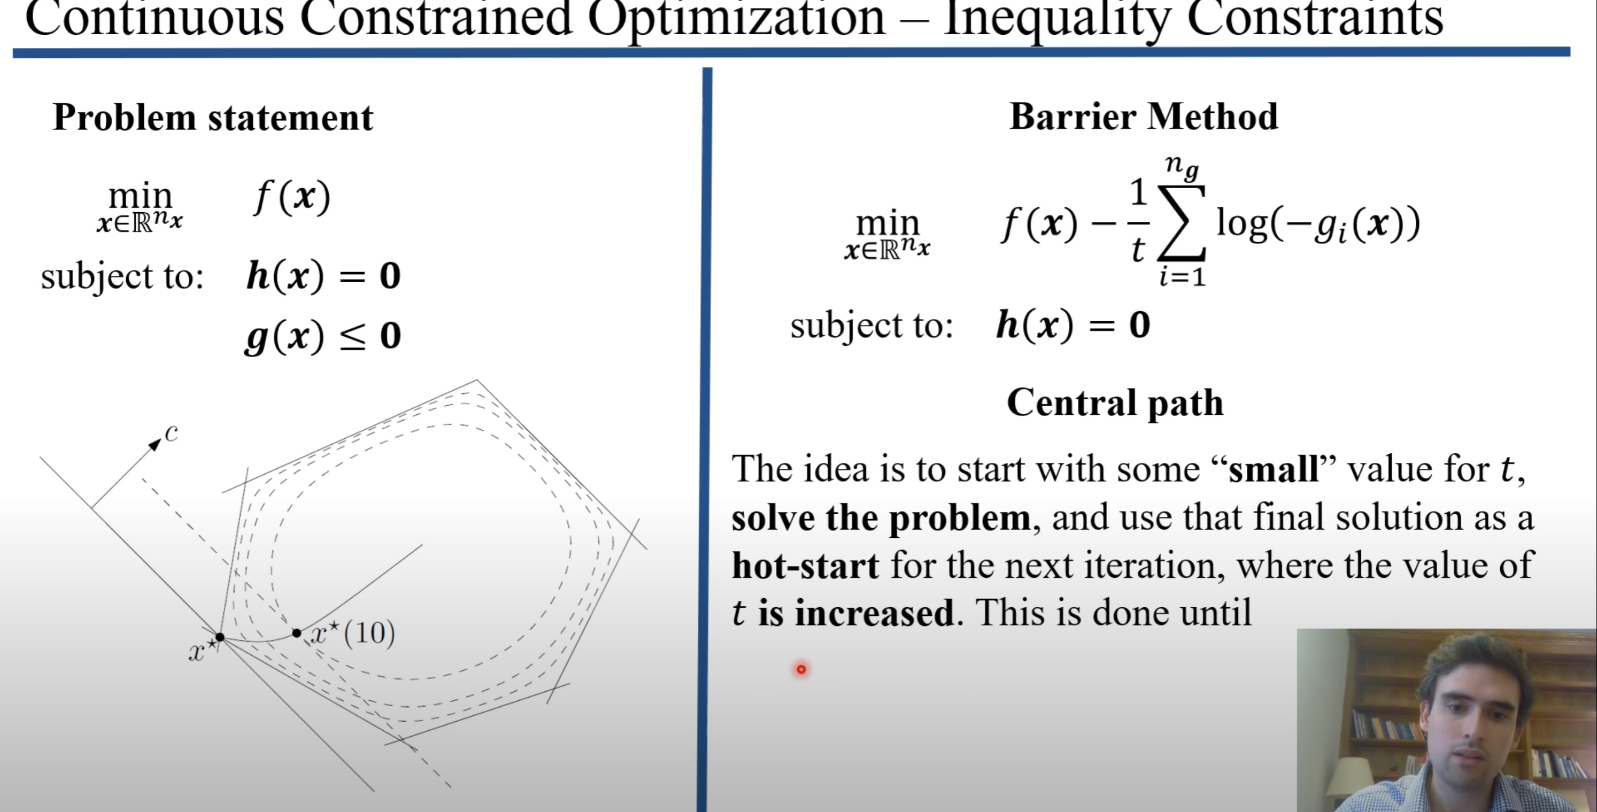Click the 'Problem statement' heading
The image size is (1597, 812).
(213, 117)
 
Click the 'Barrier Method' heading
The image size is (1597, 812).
(1144, 117)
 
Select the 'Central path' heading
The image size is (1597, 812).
(1115, 404)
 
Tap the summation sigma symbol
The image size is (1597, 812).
(1182, 222)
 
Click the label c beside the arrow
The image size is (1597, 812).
(172, 434)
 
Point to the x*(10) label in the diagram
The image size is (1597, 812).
(352, 633)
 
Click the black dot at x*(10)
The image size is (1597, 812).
(296, 633)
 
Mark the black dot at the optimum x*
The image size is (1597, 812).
(219, 637)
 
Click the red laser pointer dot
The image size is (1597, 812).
(801, 669)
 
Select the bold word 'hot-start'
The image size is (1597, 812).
(805, 566)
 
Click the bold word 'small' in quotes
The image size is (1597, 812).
(1274, 469)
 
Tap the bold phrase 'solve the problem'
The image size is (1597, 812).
(881, 517)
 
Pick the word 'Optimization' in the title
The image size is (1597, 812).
(737, 19)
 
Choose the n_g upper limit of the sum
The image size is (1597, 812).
(1182, 167)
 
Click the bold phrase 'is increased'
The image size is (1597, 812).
(856, 613)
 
